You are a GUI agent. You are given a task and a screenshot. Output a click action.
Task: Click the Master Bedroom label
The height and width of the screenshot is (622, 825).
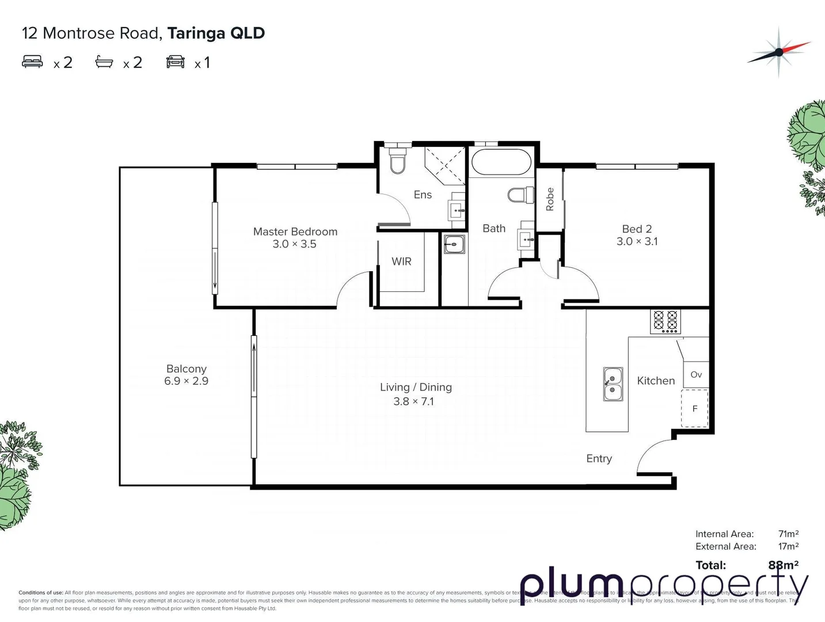coord(295,232)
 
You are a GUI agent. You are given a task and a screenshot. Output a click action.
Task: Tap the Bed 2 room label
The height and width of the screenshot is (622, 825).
coord(637,229)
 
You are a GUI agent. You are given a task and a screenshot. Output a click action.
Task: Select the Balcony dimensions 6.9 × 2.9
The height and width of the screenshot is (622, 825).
coord(186,381)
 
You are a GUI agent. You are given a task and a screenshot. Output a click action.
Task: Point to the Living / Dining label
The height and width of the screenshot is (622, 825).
coord(416,387)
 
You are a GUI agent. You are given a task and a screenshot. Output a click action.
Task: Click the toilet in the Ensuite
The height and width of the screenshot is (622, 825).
coord(397,161)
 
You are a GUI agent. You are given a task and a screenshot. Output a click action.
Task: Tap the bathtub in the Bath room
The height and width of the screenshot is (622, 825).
coord(501,162)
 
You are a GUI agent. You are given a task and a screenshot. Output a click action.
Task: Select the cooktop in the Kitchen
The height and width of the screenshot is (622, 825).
coord(666,321)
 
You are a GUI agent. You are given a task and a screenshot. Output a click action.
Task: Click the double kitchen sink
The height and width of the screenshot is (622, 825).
coord(613,384)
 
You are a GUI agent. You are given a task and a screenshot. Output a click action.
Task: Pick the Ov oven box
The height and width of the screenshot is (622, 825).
coord(696,374)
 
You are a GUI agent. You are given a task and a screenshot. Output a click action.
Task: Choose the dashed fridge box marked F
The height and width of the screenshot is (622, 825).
coord(695,408)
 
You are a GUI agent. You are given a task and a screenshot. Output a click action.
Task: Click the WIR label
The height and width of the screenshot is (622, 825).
coord(401,261)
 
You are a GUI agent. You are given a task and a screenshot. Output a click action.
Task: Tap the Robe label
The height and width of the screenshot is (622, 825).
coord(550,199)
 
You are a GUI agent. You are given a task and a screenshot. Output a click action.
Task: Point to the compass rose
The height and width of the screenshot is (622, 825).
coord(778,52)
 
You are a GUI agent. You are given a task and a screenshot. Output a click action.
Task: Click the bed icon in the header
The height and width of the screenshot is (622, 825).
coord(32,62)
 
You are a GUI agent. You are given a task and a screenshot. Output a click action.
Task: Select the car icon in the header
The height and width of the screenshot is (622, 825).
coord(176,62)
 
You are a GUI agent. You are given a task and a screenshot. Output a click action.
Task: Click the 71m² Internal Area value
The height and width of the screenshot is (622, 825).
coord(788,534)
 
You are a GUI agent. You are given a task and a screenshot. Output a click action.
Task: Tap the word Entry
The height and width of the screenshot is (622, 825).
coord(599,458)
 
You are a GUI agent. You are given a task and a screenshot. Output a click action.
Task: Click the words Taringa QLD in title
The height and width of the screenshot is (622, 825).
coord(216,33)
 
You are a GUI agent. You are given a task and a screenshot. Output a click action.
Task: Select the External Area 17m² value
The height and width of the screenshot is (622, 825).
coord(788,547)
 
